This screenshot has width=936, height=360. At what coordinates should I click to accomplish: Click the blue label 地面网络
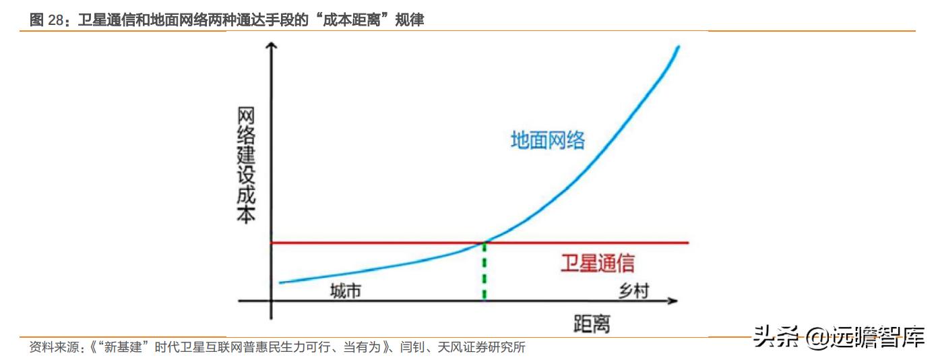point(547,140)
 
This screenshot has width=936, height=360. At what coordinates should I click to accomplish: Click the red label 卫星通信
point(597,263)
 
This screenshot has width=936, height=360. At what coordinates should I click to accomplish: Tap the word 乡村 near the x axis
point(634,291)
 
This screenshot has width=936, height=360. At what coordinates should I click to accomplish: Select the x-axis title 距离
point(592,324)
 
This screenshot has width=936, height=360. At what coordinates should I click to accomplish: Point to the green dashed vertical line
point(484,273)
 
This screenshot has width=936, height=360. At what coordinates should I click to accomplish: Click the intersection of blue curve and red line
point(484,242)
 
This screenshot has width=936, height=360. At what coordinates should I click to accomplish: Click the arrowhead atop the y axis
point(271,46)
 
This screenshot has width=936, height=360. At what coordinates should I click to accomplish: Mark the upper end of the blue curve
point(678,47)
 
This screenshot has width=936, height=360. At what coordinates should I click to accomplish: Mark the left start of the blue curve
point(280,282)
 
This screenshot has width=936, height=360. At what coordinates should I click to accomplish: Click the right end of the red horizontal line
point(689,242)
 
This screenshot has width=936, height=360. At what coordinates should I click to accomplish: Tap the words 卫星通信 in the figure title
point(103,20)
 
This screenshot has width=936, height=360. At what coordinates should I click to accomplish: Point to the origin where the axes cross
point(271,300)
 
